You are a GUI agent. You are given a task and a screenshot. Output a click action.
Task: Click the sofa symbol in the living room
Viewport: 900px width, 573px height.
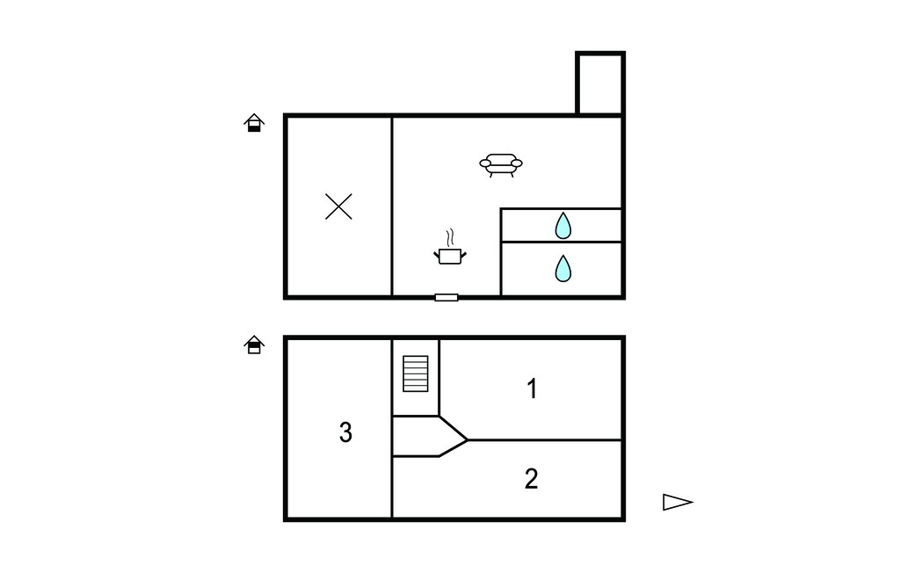pos(501,164)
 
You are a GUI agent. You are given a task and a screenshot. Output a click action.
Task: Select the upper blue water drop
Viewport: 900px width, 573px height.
pos(563,226)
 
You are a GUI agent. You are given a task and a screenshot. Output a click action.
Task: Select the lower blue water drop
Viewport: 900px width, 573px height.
pos(563,268)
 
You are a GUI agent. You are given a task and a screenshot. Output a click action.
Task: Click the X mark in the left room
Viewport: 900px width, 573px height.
pos(338,207)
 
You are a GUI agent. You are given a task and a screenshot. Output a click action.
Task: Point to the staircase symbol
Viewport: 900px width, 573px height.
pos(416,374)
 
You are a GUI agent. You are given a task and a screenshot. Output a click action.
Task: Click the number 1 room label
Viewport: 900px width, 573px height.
pos(532,388)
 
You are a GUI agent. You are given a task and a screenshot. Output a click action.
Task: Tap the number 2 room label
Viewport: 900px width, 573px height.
pos(532,479)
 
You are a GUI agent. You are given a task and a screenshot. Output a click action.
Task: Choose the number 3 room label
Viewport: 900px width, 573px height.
pos(345,432)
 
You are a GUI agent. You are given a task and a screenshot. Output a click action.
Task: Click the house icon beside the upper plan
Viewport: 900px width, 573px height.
pos(254,123)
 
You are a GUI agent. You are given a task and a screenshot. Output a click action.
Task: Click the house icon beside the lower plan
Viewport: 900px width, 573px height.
pos(254,345)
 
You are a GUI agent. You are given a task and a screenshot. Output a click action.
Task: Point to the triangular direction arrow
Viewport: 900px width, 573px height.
pos(678,502)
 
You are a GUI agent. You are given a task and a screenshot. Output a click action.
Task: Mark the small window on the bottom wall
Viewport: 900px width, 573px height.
pos(446,297)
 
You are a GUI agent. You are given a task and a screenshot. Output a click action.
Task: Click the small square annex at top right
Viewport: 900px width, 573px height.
pos(600,83)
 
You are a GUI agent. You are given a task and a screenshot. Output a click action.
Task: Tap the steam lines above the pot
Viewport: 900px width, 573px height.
pos(451,237)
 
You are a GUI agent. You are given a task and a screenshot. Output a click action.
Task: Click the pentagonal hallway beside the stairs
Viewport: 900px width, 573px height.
pos(428,437)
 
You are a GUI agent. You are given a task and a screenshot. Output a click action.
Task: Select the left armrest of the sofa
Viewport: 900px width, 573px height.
pos(485,163)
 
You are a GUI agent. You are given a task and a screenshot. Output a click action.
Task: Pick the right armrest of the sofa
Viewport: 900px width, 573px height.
pos(517,163)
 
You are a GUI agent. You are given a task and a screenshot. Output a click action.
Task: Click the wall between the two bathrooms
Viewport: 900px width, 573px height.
pos(562,242)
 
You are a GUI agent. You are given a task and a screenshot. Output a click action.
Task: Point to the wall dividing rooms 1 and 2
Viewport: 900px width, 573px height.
pos(545,440)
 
